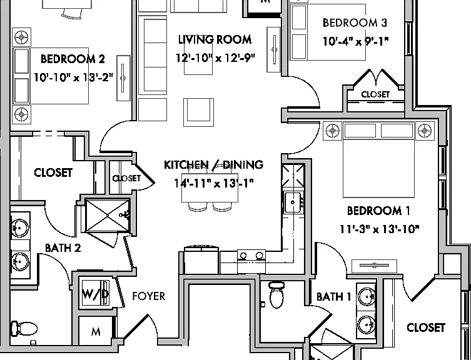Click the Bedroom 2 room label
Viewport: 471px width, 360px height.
[x=73, y=59]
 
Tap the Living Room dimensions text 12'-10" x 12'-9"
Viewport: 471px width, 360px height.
[x=215, y=57]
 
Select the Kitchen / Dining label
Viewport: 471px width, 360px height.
[x=213, y=164]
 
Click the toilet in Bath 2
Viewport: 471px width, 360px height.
[x=24, y=329]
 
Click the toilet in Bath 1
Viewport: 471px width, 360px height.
[x=276, y=295]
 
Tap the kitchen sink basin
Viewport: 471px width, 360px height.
[x=293, y=202]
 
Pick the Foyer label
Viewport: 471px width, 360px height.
[x=149, y=296]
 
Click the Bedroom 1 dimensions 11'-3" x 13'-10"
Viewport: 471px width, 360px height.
[x=379, y=229]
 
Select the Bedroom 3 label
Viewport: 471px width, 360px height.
[x=355, y=23]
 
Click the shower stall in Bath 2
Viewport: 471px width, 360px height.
[x=108, y=215]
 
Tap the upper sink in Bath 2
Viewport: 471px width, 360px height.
[x=20, y=228]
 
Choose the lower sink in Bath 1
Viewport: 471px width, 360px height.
[x=367, y=325]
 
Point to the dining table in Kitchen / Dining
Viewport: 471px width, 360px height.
[x=210, y=187]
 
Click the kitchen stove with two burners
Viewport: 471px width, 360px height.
[x=251, y=261]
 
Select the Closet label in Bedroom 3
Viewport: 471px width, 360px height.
[x=375, y=94]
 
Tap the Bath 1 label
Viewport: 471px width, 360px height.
[x=334, y=297]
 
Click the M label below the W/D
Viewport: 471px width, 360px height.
[x=96, y=332]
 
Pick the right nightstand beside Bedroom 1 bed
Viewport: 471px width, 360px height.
[x=425, y=131]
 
